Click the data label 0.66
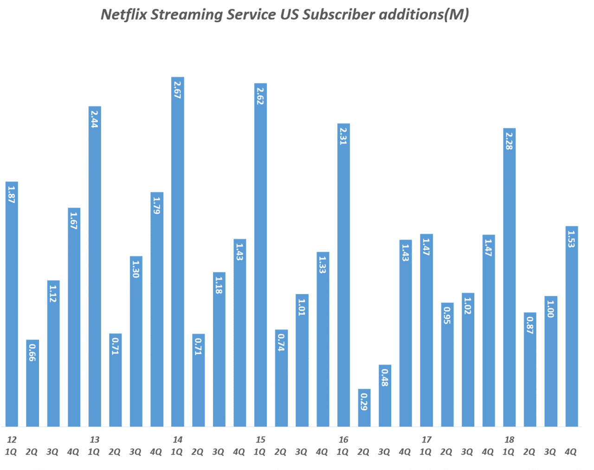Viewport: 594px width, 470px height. (x=32, y=352)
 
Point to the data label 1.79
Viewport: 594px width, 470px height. (x=157, y=205)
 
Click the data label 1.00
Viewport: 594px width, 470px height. (x=550, y=309)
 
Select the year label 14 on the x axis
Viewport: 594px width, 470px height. (x=177, y=439)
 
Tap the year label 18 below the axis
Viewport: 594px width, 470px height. (x=509, y=439)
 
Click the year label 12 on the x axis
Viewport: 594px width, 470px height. (x=12, y=439)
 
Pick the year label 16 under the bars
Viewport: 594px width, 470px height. (x=343, y=439)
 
